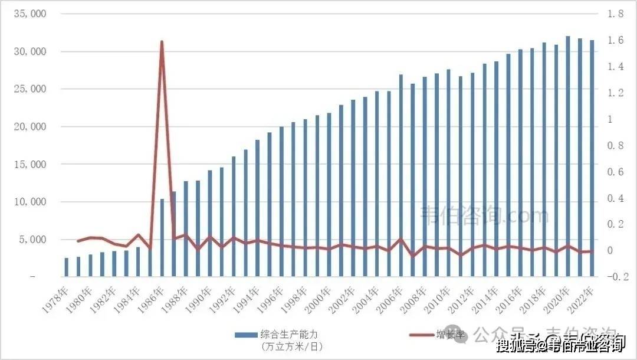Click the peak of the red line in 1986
tap(162, 41)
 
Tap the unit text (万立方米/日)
tap(291, 346)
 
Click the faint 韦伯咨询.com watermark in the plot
tap(484, 215)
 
